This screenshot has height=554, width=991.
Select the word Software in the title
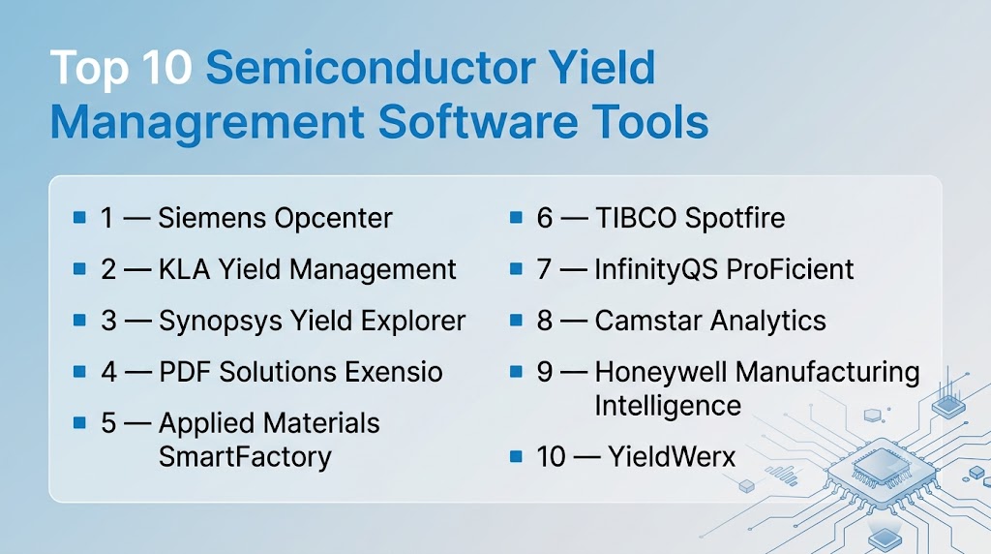[x=477, y=121]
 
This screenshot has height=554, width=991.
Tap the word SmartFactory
[x=245, y=457]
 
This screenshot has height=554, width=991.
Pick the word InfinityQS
[x=655, y=270]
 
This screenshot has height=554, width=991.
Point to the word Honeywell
[x=661, y=373]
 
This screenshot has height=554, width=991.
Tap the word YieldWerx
[x=672, y=456]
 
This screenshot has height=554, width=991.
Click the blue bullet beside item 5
[x=79, y=422]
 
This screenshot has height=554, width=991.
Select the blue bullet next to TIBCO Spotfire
[x=517, y=218]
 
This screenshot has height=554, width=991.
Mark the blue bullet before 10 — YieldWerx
[x=517, y=456]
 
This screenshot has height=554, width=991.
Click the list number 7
[x=544, y=269]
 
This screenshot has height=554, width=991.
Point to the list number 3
[x=108, y=321]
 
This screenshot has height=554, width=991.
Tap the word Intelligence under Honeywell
[x=668, y=407]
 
